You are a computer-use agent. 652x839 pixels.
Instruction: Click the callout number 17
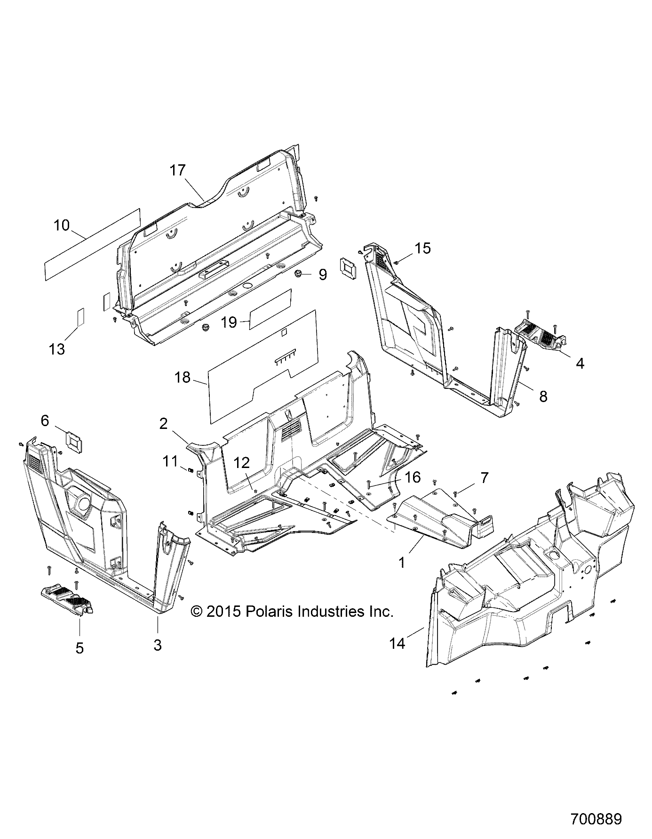point(178,170)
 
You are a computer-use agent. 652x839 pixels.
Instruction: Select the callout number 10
point(61,225)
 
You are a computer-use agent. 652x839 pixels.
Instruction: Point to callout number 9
point(323,274)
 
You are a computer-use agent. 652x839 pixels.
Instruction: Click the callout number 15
point(423,248)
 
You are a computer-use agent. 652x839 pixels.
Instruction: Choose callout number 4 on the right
point(580,363)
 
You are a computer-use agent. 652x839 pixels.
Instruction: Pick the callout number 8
point(543,396)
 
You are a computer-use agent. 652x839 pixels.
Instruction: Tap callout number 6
point(45,420)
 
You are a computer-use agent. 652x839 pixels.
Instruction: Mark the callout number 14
point(398,643)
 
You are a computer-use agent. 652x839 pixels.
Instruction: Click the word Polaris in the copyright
point(269,612)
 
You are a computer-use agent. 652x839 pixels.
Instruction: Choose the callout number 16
point(413,477)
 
